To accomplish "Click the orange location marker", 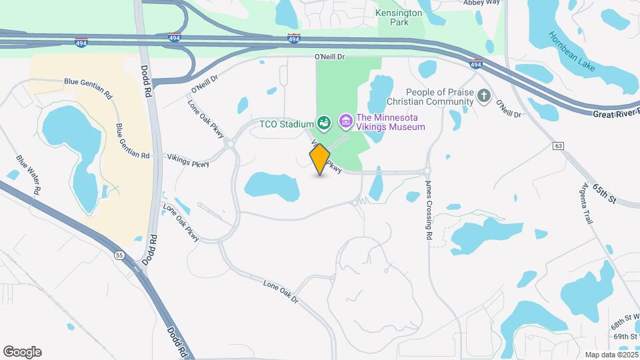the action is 320,159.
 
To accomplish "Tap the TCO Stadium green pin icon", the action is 324,123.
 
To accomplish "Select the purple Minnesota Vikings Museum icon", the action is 345,121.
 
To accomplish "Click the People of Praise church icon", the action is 485,97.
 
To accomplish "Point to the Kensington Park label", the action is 399,17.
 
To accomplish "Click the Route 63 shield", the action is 559,146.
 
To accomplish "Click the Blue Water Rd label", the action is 29,175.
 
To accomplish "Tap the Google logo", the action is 22,352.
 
